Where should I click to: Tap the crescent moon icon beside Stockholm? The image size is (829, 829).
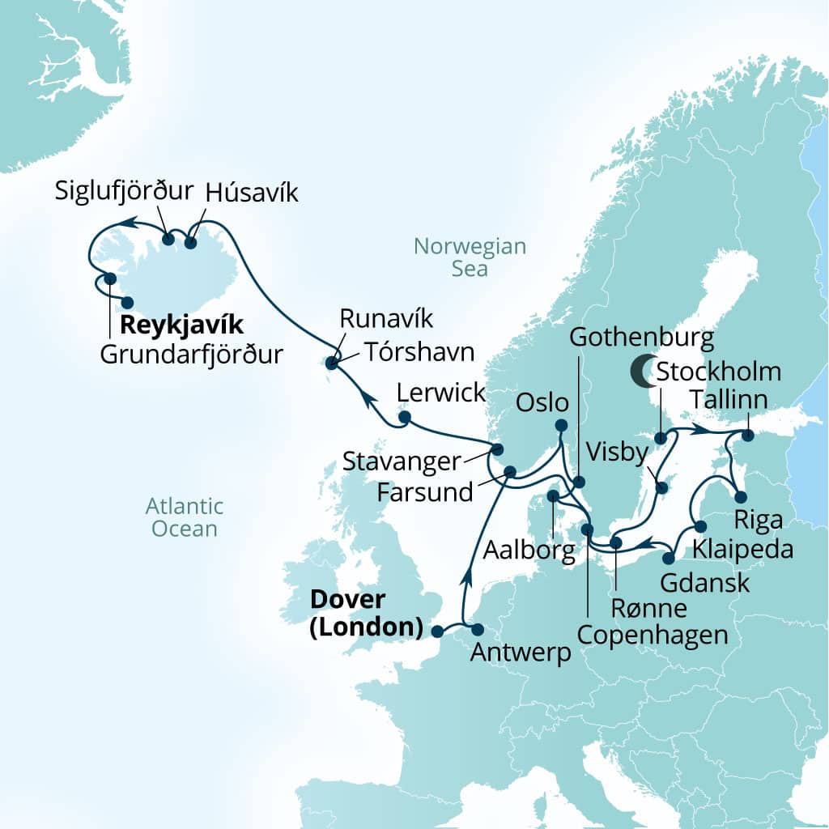(x=644, y=371)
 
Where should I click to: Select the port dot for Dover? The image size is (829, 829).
(x=437, y=631)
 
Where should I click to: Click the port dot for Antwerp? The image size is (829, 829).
(x=477, y=630)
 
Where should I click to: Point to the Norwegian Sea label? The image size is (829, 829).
(x=470, y=257)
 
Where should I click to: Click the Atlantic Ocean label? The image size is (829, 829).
(x=184, y=518)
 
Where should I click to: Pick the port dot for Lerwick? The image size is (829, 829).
(x=403, y=418)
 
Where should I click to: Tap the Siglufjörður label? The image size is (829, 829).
(x=125, y=191)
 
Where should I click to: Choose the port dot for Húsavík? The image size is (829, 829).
(x=191, y=241)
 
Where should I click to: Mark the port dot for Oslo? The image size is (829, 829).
(x=561, y=425)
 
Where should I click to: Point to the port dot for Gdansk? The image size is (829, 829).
(x=669, y=558)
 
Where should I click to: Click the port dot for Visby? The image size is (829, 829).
(x=662, y=487)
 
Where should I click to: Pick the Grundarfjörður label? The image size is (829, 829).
(x=192, y=354)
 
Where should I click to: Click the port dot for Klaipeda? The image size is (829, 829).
(x=700, y=527)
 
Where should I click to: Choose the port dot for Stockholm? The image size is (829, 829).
(x=661, y=438)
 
